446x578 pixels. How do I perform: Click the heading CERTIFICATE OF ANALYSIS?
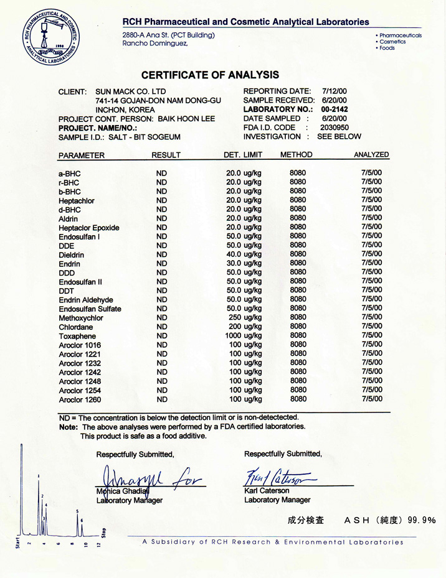click(210, 75)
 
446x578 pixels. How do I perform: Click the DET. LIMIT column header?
click(243, 154)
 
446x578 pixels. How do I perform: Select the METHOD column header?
click(296, 154)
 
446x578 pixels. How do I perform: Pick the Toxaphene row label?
click(76, 336)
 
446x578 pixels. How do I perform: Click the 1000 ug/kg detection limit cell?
click(244, 335)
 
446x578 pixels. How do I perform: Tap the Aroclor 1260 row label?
click(80, 399)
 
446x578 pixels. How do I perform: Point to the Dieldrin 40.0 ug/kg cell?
click(244, 254)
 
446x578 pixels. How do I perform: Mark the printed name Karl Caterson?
click(268, 490)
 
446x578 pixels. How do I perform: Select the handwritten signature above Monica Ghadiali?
click(149, 478)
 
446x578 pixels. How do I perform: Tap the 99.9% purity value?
click(422, 520)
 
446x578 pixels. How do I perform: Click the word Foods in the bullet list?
click(387, 48)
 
